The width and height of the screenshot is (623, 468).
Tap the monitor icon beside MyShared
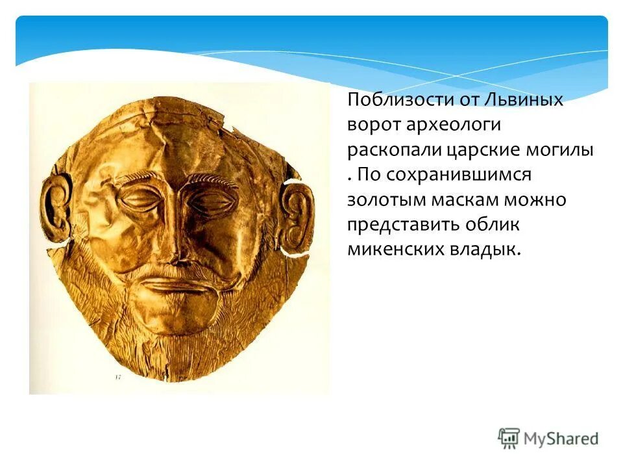[509, 437]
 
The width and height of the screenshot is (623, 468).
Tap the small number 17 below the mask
[118, 376]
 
